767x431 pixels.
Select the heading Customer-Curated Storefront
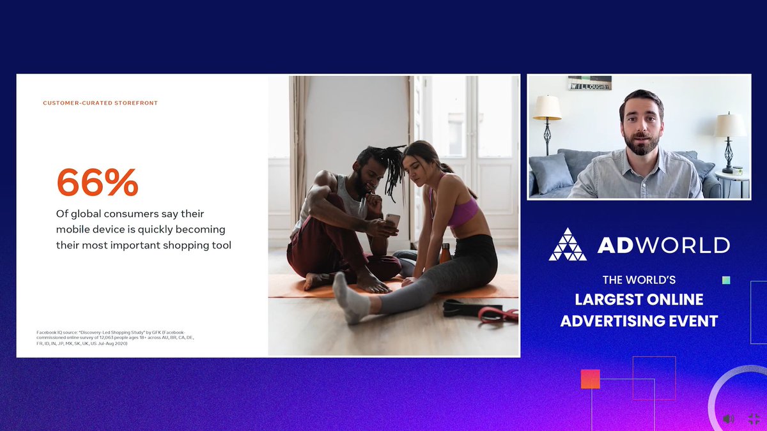point(100,103)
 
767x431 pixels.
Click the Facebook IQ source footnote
point(115,338)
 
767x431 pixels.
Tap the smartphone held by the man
point(392,221)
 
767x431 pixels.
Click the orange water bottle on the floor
point(445,253)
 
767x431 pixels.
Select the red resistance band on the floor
point(499,314)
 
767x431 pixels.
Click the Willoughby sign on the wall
point(590,83)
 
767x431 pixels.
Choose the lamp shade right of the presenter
point(729,125)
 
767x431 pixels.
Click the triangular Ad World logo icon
point(567,245)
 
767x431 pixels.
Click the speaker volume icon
point(728,419)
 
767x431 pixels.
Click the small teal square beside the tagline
point(725,280)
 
